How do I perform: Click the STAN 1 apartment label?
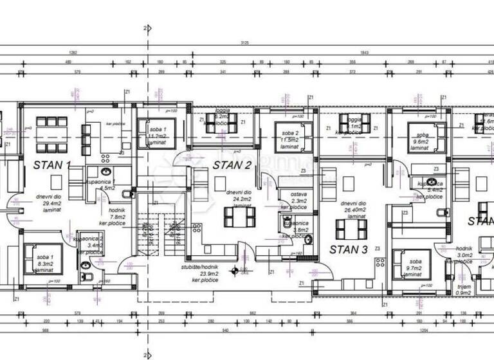point(51,165)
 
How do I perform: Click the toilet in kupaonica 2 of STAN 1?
point(87,276)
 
